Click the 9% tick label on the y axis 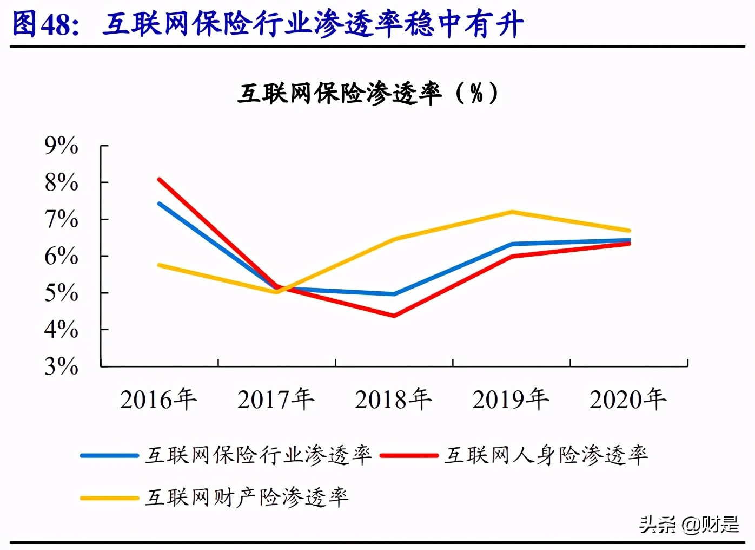[61, 145]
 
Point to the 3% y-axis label [61, 366]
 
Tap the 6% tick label [61, 256]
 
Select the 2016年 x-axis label [158, 400]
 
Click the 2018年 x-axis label [393, 400]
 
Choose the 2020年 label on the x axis [628, 400]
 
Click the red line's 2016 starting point [159, 179]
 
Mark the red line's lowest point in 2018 [394, 316]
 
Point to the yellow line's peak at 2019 [512, 212]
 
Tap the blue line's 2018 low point [394, 294]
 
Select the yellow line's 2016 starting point [159, 265]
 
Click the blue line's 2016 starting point [159, 204]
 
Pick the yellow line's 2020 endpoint [628, 231]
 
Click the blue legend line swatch [109, 455]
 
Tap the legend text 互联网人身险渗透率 [546, 455]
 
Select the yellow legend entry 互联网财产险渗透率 [247, 497]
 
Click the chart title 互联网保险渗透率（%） [368, 94]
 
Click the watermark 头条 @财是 [689, 524]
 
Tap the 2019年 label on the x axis [511, 400]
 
